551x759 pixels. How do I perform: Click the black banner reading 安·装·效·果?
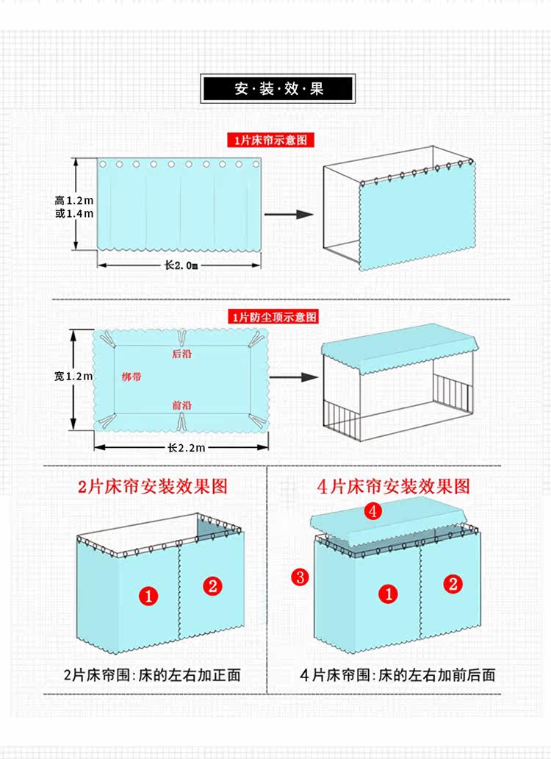pyautogui.click(x=278, y=89)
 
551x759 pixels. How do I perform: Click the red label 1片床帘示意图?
pyautogui.click(x=270, y=140)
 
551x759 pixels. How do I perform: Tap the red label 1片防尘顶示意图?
pyautogui.click(x=273, y=317)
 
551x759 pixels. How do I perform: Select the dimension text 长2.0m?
pyautogui.click(x=181, y=266)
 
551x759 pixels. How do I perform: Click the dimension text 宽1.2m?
pyautogui.click(x=73, y=377)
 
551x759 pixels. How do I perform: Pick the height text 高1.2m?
pyautogui.click(x=74, y=200)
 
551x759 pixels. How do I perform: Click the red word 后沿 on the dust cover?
pyautogui.click(x=181, y=354)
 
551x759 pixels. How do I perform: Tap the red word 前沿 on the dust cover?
pyautogui.click(x=181, y=405)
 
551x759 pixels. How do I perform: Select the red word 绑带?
pyautogui.click(x=132, y=377)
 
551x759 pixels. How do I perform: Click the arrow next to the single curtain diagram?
pyautogui.click(x=288, y=214)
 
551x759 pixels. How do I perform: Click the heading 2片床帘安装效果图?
pyautogui.click(x=153, y=486)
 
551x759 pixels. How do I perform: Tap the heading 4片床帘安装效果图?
pyautogui.click(x=393, y=486)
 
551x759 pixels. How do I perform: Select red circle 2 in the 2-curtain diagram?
pyautogui.click(x=212, y=585)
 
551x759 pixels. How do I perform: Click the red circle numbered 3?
pyautogui.click(x=299, y=577)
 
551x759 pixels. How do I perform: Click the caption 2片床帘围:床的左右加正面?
pyautogui.click(x=152, y=674)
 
